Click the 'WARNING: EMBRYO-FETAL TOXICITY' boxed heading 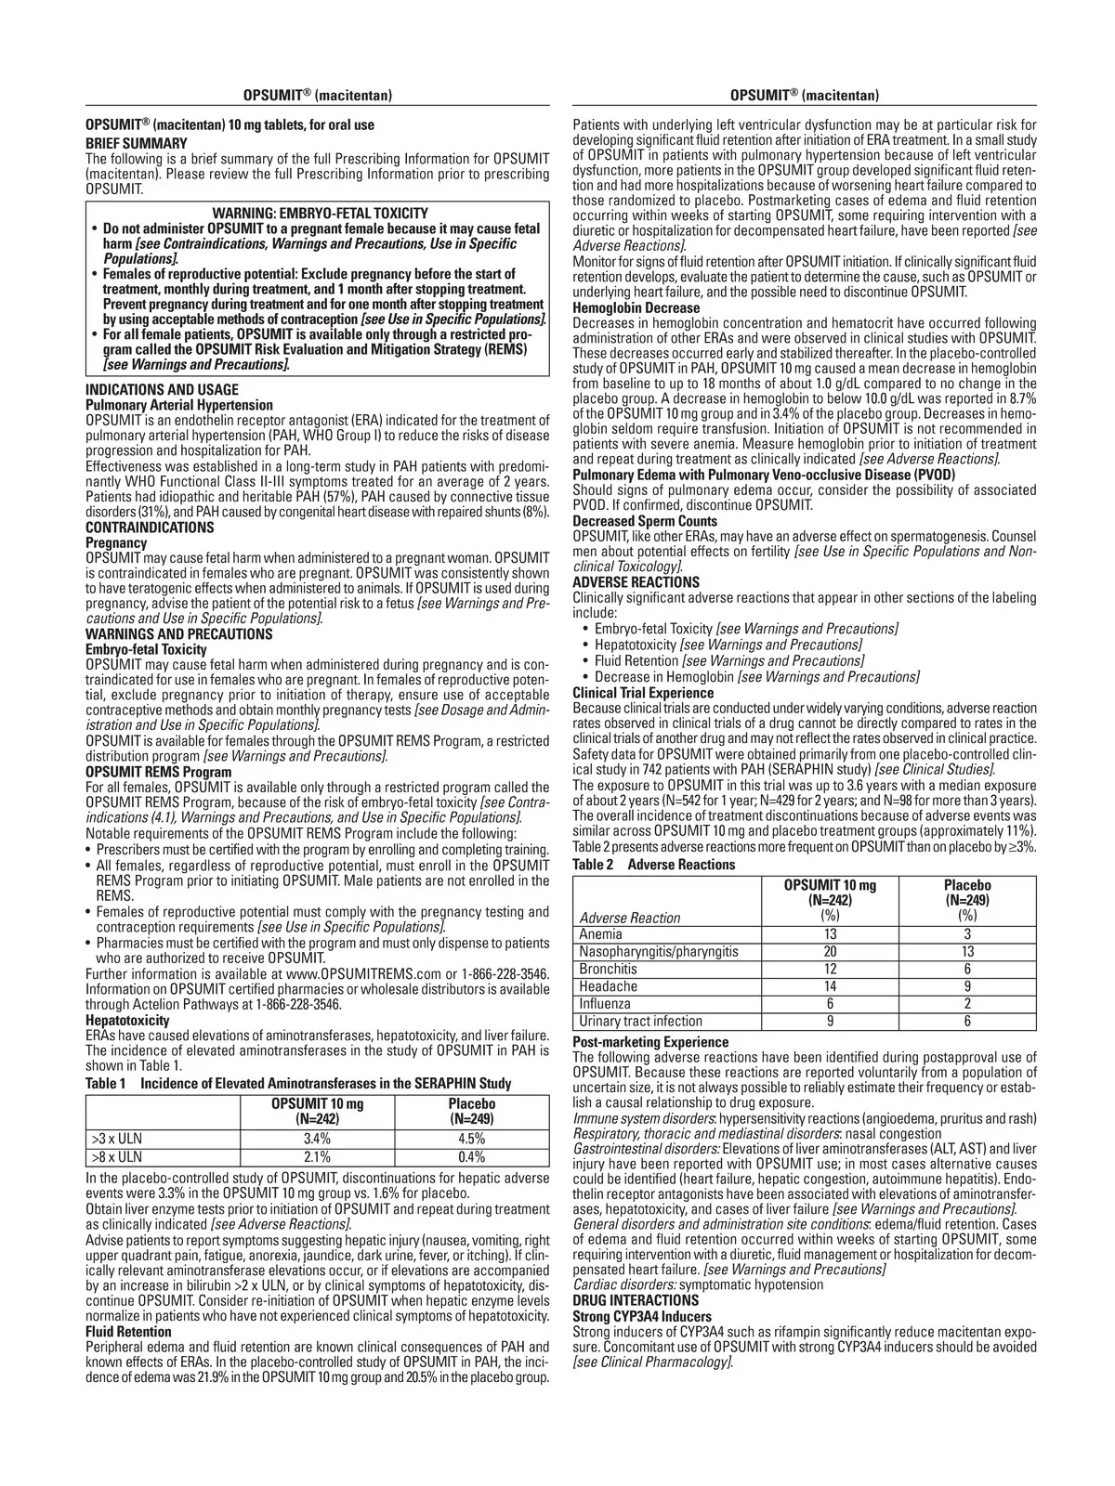coord(320,214)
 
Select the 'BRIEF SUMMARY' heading coord(137,143)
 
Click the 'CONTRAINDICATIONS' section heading coord(150,528)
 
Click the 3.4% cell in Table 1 coord(318,1138)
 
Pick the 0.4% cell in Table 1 coord(472,1156)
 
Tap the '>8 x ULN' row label coord(116,1156)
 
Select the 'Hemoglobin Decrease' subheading coord(636,307)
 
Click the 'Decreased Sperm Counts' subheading coord(645,521)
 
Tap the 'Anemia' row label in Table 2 coord(601,934)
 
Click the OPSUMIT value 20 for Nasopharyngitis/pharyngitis coord(830,951)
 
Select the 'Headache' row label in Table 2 coord(609,986)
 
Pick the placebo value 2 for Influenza coord(966,1004)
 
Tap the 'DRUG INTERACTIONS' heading coord(636,1300)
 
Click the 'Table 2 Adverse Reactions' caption coord(653,865)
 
